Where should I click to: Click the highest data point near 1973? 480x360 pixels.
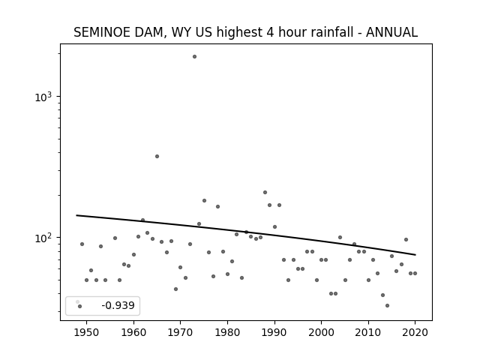point(194,57)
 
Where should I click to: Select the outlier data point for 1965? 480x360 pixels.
point(157,157)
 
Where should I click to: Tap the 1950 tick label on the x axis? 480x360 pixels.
point(86,332)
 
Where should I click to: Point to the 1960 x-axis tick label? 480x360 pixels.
point(133,332)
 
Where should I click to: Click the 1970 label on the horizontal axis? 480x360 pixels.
point(180,332)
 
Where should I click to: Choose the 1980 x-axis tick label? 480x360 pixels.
point(227,332)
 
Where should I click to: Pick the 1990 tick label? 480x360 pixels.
point(274,332)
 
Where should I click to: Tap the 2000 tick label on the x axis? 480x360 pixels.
point(322,332)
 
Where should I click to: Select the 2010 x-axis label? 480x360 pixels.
point(368,332)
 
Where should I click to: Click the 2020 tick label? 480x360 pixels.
point(415,332)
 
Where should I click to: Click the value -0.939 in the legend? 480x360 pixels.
point(118,305)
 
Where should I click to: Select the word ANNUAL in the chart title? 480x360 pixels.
point(391,32)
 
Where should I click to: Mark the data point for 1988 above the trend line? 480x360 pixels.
point(265,193)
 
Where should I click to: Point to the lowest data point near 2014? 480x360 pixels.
point(387,305)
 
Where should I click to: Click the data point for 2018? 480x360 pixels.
point(406,240)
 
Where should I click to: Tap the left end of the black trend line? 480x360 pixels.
point(76,215)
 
